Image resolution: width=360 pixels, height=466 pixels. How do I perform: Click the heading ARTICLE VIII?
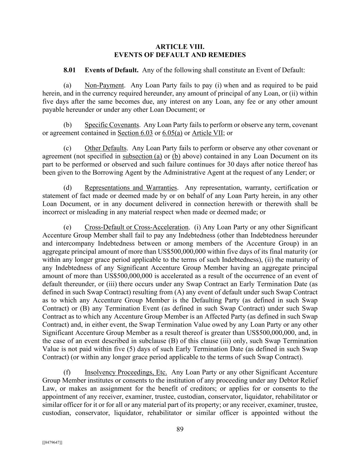pyautogui.click(x=180, y=46)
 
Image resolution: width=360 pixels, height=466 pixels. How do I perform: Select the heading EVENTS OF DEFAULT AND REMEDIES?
pyautogui.click(x=180, y=55)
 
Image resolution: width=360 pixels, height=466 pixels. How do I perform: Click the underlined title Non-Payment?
pyautogui.click(x=104, y=85)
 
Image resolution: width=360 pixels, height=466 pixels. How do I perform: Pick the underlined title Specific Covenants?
pyautogui.click(x=112, y=125)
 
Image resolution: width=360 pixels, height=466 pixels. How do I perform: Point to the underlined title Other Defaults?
pyautogui.click(x=105, y=148)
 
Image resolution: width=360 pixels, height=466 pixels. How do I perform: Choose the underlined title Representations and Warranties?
pyautogui.click(x=131, y=188)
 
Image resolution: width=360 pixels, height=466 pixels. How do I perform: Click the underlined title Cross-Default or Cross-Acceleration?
pyautogui.click(x=136, y=227)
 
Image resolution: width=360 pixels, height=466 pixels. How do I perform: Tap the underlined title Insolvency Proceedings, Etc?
pyautogui.click(x=126, y=372)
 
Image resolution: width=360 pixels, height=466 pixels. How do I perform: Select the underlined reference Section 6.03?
pyautogui.click(x=135, y=133)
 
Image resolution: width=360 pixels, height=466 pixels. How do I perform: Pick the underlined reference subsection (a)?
pyautogui.click(x=142, y=156)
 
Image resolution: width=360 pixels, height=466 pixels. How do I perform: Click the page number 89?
pyautogui.click(x=180, y=429)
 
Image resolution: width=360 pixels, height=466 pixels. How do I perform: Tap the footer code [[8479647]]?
pyautogui.click(x=52, y=442)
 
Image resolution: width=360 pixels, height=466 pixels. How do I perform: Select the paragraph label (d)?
pyautogui.click(x=68, y=188)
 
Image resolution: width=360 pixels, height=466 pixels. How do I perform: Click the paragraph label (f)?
pyautogui.click(x=67, y=372)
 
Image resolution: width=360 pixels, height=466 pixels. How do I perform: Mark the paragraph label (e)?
pyautogui.click(x=68, y=227)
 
